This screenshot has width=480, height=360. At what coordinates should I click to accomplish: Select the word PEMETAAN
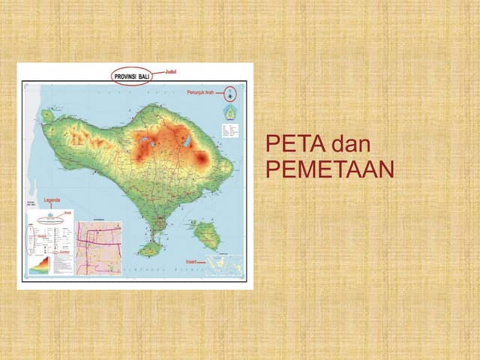330,170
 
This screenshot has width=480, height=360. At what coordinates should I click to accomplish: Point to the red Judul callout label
169,70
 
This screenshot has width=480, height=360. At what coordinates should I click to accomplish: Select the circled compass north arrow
232,94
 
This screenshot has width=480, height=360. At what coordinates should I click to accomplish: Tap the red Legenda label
52,200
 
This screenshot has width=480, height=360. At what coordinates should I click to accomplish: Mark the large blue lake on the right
185,140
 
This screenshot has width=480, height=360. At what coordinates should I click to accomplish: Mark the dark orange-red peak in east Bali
201,157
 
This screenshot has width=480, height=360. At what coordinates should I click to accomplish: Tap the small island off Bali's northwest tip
47,116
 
